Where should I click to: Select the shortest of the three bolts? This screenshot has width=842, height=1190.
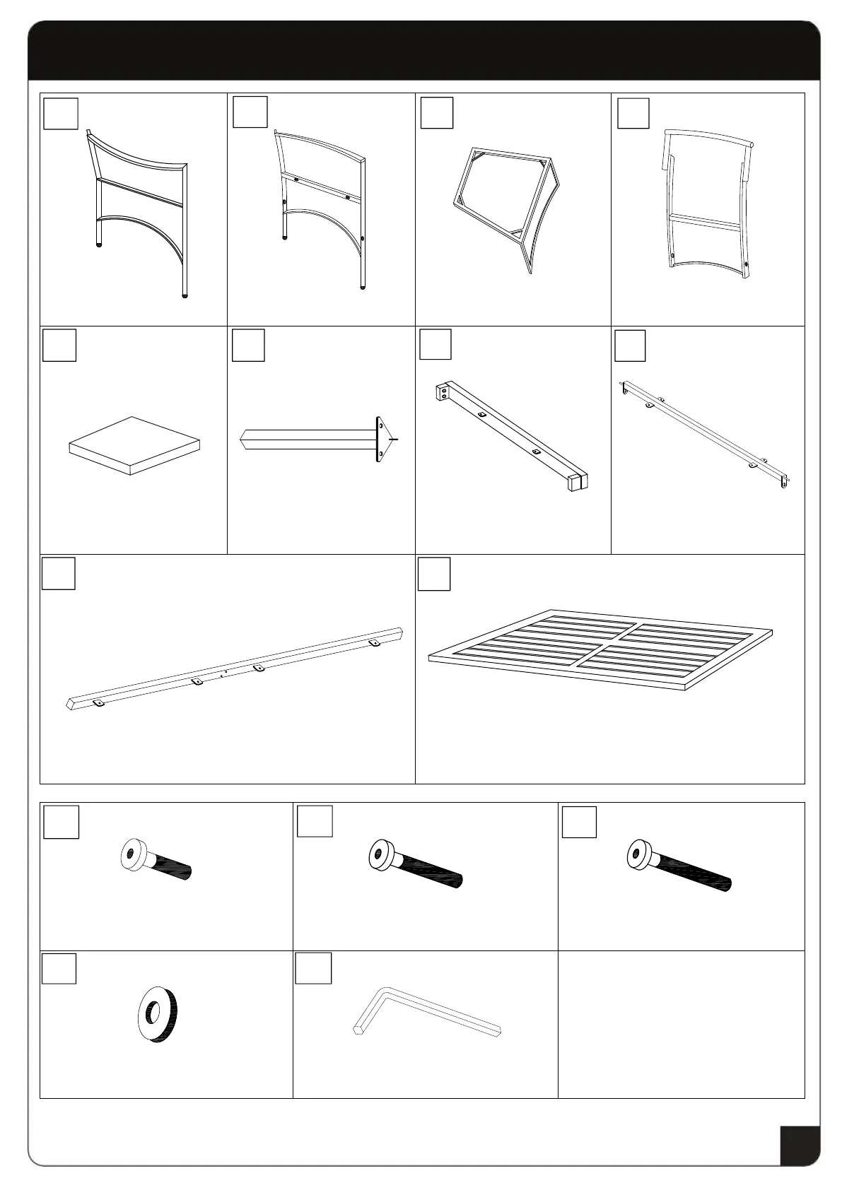[156, 859]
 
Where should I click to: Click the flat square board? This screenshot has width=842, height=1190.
[134, 445]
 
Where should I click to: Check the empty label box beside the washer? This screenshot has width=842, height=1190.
[59, 968]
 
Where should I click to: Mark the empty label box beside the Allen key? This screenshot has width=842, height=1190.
[312, 968]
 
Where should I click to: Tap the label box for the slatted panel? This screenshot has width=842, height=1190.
[434, 574]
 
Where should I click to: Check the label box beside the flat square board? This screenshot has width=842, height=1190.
[59, 345]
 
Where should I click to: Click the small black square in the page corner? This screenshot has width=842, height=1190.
[800, 1145]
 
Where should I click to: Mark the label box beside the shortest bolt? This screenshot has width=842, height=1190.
[61, 822]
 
